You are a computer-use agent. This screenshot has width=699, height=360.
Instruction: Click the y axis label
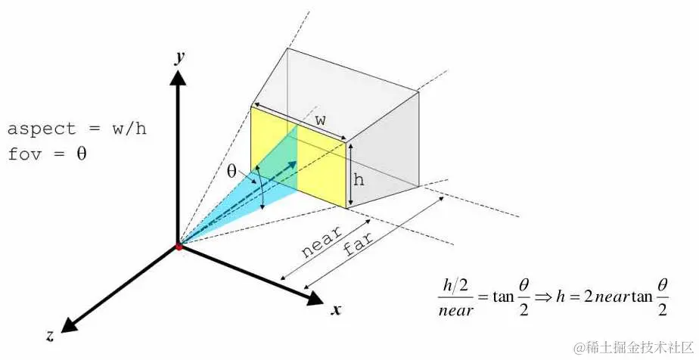point(179,57)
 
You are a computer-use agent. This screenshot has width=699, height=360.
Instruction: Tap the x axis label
point(335,309)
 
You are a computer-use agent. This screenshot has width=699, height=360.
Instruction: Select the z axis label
point(50,336)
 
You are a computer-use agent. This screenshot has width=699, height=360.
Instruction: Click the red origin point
point(178,247)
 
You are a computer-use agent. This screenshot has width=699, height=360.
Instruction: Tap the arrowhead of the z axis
point(70,324)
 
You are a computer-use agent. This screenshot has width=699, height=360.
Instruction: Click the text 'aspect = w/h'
point(76,129)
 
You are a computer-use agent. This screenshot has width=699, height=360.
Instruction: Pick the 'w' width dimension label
point(320,120)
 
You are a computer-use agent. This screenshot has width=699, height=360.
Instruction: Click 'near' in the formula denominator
point(456,309)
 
